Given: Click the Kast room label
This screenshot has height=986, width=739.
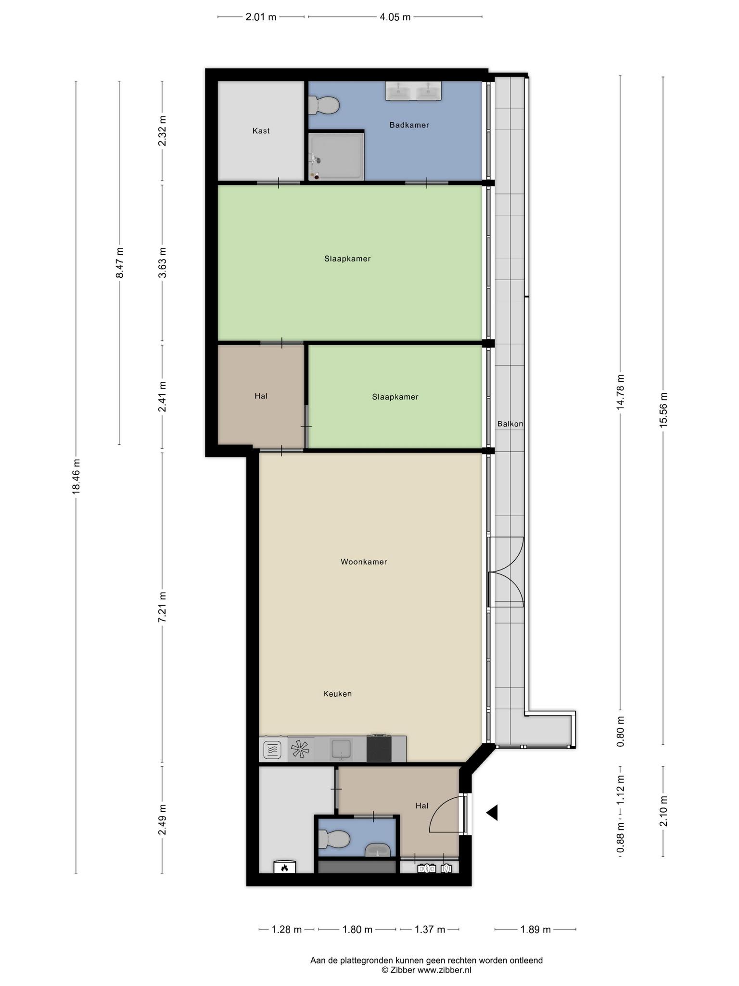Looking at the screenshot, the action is [261, 130].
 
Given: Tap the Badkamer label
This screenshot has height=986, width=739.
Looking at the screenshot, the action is [409, 125].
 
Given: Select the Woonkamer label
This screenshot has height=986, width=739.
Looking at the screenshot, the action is [364, 561].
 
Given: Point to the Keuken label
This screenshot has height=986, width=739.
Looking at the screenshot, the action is [337, 694].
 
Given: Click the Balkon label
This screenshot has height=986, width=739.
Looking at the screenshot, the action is [510, 424].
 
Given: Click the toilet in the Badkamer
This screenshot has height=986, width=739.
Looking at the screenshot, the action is [324, 105].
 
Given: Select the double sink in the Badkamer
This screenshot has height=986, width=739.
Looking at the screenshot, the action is [413, 91].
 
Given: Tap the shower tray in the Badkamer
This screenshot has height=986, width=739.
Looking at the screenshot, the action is [336, 156].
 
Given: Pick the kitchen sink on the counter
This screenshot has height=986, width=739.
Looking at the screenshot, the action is [342, 749].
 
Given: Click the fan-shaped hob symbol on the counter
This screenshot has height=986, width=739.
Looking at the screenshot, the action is [299, 750].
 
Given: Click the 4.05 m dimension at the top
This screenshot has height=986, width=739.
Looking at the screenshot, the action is [395, 17].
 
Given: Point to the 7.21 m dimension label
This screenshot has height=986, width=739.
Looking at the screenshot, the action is [162, 607].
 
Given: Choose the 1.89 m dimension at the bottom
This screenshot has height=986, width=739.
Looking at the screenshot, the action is [535, 929].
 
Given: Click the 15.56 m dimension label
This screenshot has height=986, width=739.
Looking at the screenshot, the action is [663, 409].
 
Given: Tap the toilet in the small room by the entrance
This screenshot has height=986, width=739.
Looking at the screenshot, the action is [333, 840].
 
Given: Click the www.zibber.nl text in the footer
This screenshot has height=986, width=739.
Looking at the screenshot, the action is [444, 970].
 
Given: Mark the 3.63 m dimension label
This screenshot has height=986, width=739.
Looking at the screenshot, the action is [162, 262].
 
